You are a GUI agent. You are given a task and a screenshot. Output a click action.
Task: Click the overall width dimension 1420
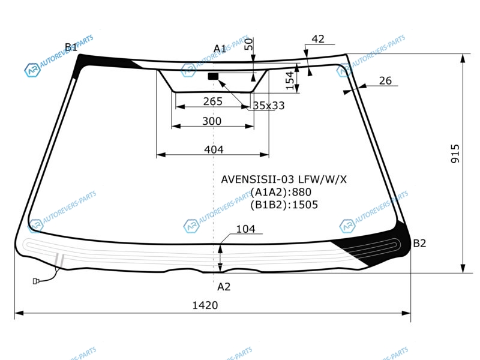click(205, 305)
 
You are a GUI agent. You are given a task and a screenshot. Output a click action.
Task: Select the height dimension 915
click(455, 154)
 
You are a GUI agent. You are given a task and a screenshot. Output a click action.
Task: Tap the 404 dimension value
click(214, 149)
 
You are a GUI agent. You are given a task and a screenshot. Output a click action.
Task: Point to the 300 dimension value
click(212, 121)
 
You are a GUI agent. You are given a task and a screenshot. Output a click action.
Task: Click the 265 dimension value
click(213, 101)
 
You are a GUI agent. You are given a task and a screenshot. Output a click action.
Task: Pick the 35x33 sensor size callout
click(269, 106)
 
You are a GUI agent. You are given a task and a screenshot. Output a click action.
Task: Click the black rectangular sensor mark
click(213, 76)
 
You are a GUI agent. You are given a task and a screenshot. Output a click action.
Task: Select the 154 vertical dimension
click(290, 81)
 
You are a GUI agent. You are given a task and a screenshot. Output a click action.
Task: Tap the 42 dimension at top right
click(318, 39)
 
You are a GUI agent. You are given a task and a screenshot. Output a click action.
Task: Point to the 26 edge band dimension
click(385, 81)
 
